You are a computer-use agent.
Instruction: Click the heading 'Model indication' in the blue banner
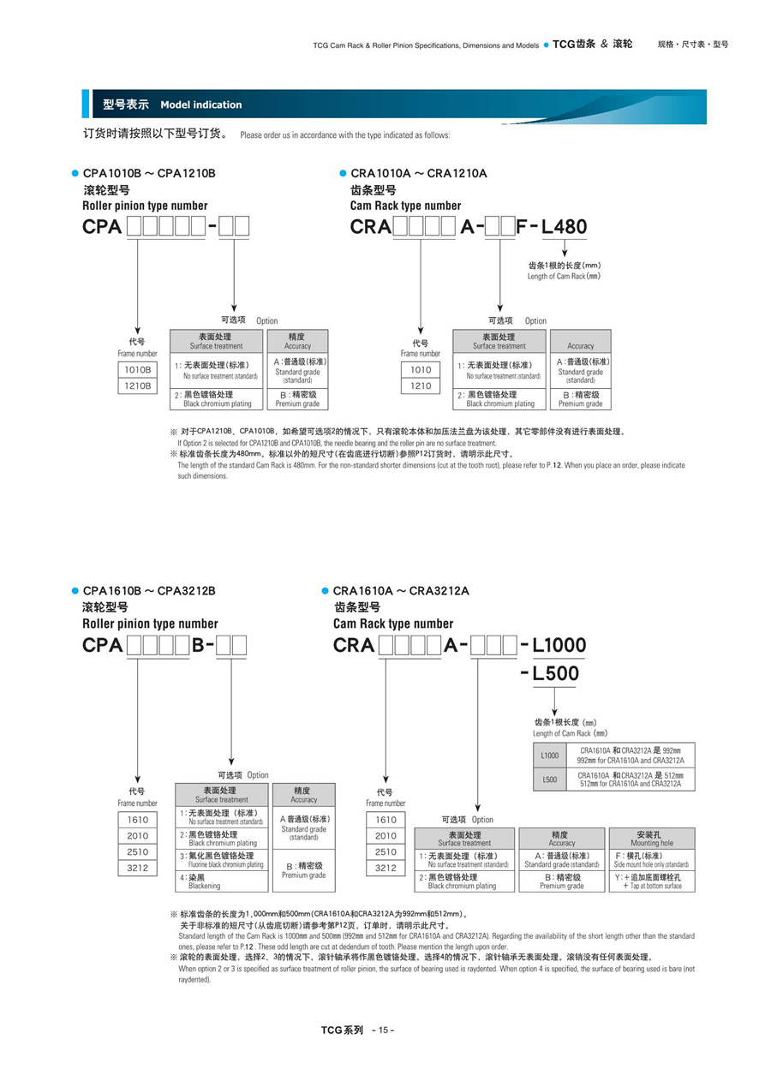pyautogui.click(x=200, y=105)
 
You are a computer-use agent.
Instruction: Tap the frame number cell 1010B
pyautogui.click(x=138, y=369)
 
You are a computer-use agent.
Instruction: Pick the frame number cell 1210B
pyautogui.click(x=138, y=385)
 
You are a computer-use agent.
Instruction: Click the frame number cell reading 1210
pyautogui.click(x=421, y=385)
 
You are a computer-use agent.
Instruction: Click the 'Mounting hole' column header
pyautogui.click(x=651, y=838)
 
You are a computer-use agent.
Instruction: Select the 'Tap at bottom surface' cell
pyautogui.click(x=651, y=881)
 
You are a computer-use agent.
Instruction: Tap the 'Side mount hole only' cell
pyautogui.click(x=651, y=860)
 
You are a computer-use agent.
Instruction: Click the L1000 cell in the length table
pyautogui.click(x=549, y=756)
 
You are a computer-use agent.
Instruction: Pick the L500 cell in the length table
pyautogui.click(x=549, y=779)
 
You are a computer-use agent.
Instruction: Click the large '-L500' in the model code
pyautogui.click(x=551, y=673)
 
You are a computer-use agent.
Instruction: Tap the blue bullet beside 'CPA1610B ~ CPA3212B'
pyautogui.click(x=75, y=591)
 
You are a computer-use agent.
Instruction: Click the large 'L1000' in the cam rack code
pyautogui.click(x=559, y=645)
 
